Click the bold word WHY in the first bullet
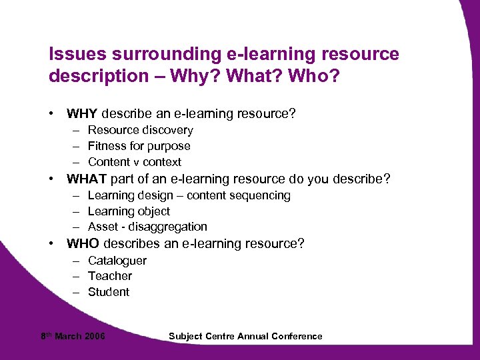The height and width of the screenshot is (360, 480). pos(83,114)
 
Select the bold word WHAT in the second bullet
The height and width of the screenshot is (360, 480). pos(87,179)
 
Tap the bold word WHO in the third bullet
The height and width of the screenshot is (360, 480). pos(83,243)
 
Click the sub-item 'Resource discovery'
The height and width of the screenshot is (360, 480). pos(140,130)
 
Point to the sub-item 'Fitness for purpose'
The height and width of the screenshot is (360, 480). pos(139,146)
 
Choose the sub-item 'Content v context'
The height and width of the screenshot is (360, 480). pos(134,162)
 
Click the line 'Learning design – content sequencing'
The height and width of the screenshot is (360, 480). pos(189,195)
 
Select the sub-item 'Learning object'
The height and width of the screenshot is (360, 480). pos(129,211)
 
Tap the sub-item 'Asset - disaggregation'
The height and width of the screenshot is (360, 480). pos(147,227)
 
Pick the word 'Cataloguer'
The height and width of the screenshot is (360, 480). pos(117,261)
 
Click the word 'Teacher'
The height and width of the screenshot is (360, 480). pos(109,276)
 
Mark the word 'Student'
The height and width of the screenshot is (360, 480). pos(108,292)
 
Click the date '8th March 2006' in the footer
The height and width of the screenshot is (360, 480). pos(73,336)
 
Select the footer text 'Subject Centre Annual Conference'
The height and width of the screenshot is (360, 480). pos(245,336)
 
